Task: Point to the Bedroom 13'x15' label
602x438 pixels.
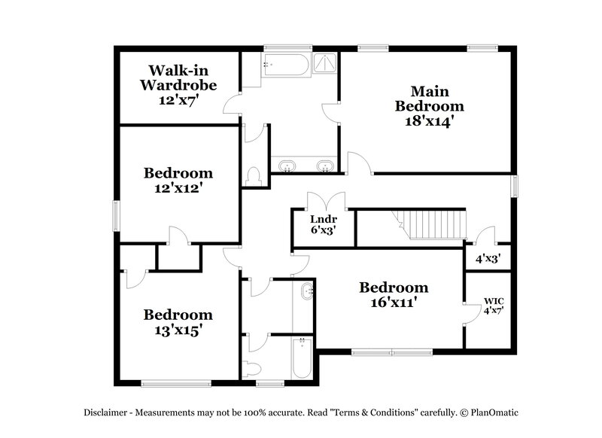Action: pyautogui.click(x=178, y=322)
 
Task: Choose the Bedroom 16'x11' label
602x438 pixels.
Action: pyautogui.click(x=394, y=294)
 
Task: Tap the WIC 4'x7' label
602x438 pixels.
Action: pyautogui.click(x=493, y=306)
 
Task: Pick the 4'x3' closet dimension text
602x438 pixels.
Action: pyautogui.click(x=488, y=257)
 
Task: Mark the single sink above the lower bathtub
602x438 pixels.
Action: pyautogui.click(x=306, y=291)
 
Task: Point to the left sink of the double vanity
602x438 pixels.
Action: pyautogui.click(x=287, y=165)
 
